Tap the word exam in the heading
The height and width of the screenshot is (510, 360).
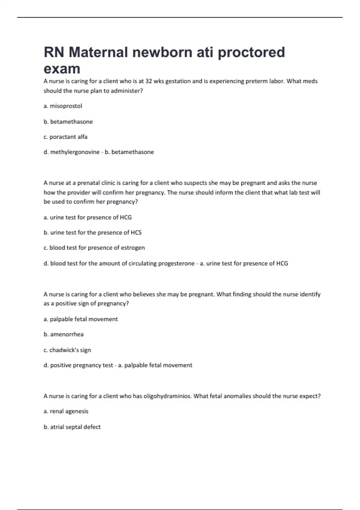pyautogui.click(x=62, y=69)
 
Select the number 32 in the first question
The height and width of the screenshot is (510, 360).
pyautogui.click(x=149, y=81)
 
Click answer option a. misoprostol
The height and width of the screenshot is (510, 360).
pyautogui.click(x=63, y=106)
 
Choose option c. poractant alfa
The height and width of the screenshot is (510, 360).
pyautogui.click(x=65, y=137)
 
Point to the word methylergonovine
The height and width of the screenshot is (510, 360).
pyautogui.click(x=75, y=152)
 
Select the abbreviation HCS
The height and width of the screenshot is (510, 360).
pyautogui.click(x=136, y=232)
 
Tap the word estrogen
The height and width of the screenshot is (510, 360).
pyautogui.click(x=133, y=248)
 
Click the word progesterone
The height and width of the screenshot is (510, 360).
pyautogui.click(x=176, y=263)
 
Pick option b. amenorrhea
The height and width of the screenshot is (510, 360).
pyautogui.click(x=64, y=334)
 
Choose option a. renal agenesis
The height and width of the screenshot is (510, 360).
pyautogui.click(x=66, y=411)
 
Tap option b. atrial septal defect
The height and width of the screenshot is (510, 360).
pyautogui.click(x=72, y=427)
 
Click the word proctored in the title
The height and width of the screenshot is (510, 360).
pyautogui.click(x=251, y=52)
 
